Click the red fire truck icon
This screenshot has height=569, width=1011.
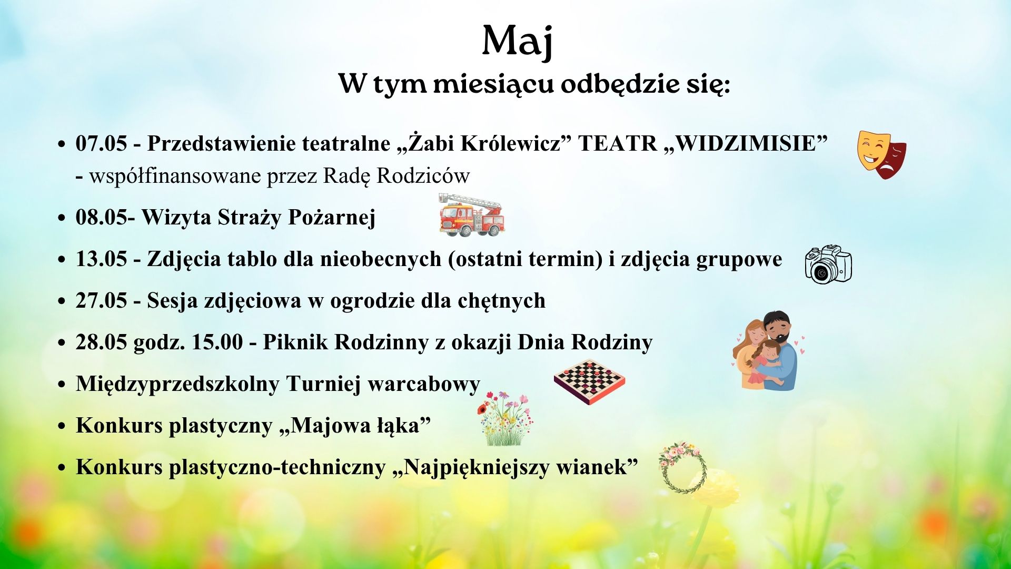[471, 214]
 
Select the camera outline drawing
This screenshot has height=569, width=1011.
[828, 264]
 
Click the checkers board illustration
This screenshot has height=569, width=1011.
[589, 381]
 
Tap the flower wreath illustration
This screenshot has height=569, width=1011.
[683, 468]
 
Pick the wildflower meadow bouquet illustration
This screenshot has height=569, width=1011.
[504, 419]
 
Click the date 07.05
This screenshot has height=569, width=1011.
[101, 143]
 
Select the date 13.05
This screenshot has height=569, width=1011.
[101, 259]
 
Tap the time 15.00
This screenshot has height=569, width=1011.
[217, 342]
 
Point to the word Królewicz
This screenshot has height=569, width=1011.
[511, 143]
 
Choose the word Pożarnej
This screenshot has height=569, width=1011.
[331, 217]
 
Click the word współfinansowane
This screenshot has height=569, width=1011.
[176, 175]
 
